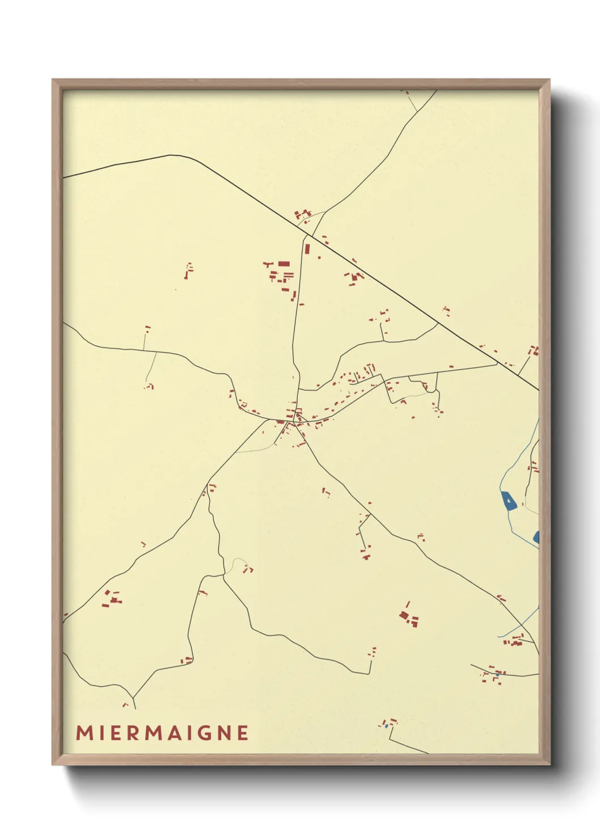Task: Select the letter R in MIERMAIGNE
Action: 134,732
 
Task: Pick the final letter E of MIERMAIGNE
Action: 243,732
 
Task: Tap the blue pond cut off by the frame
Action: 536,537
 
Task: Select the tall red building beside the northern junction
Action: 307,248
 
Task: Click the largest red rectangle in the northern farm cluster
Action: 284,264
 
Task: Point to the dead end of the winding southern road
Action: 370,673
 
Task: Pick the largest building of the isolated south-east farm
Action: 404,615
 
